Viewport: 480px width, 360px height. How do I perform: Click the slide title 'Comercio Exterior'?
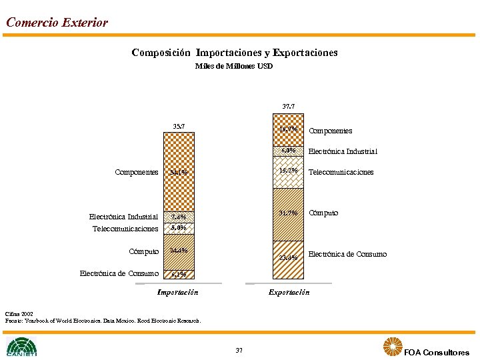(x=57, y=23)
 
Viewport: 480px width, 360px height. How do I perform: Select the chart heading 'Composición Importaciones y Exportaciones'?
(x=235, y=52)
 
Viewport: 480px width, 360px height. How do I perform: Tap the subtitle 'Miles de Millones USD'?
(x=234, y=66)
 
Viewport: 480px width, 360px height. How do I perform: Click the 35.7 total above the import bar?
(x=179, y=125)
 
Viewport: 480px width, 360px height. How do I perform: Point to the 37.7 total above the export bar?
(x=289, y=106)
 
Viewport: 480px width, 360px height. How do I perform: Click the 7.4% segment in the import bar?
(x=179, y=217)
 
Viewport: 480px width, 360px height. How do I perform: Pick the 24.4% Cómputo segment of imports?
(x=179, y=251)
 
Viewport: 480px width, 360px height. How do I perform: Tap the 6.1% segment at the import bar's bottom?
(x=179, y=274)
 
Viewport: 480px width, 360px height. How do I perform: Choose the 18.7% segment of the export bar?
(x=289, y=129)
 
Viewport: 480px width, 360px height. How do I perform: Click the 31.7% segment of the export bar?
(x=289, y=213)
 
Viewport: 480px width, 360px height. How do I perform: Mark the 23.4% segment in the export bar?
(x=289, y=258)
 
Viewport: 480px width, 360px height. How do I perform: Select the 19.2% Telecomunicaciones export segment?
(x=289, y=171)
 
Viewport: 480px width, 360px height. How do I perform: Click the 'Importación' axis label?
(x=177, y=292)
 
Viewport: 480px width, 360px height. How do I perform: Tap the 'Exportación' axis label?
(x=289, y=292)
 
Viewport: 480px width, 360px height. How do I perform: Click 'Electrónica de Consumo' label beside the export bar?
(x=347, y=254)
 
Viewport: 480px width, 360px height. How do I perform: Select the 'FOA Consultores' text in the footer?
(x=436, y=352)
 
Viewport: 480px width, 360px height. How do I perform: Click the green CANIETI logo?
(x=21, y=347)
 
